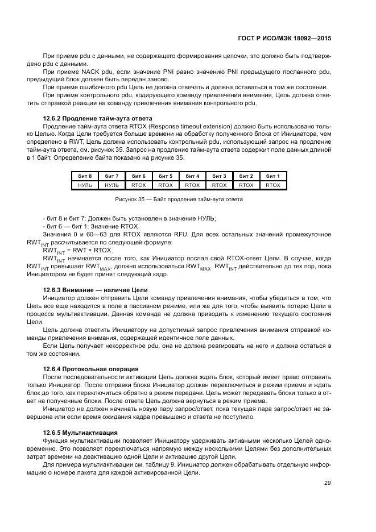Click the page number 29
327,483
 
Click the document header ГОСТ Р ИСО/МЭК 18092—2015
284,38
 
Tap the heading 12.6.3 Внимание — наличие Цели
87,290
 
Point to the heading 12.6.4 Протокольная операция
90,369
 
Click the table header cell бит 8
85,176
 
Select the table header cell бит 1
273,176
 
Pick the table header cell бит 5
166,176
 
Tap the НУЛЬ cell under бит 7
112,185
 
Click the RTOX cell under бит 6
139,185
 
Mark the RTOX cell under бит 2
246,185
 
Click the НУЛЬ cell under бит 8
85,185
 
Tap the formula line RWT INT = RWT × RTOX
78,250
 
